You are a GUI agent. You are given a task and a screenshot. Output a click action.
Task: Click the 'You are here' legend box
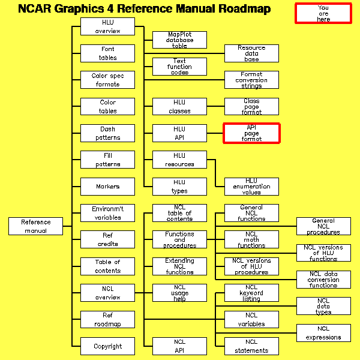[323, 13]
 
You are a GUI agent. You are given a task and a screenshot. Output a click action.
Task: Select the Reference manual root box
[36, 226]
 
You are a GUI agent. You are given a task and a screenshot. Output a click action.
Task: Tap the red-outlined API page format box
[251, 133]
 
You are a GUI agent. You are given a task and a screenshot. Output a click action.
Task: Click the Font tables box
[107, 53]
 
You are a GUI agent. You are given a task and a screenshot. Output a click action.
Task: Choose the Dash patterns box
[107, 133]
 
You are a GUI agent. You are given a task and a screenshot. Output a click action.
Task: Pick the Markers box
[107, 187]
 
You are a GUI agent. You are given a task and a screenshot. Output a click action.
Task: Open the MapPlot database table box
[179, 40]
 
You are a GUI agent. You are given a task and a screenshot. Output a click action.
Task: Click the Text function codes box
[179, 67]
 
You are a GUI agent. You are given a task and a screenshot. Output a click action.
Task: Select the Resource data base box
[251, 53]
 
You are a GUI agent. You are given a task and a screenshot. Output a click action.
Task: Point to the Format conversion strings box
[251, 80]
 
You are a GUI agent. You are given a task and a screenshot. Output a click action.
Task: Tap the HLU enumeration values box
[251, 187]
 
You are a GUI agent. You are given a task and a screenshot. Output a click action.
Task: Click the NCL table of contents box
[179, 213]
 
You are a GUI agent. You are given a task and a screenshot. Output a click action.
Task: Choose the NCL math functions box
[251, 239]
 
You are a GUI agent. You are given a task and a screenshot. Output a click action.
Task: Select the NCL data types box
[323, 306]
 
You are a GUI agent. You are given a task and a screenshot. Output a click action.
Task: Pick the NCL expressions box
[323, 332]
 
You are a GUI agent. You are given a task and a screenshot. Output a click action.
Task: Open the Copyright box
[107, 346]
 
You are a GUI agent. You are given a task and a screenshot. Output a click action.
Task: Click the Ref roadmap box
[107, 320]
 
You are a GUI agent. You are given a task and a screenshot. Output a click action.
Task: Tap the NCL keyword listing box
[251, 293]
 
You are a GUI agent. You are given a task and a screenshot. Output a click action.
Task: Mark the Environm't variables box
[107, 213]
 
